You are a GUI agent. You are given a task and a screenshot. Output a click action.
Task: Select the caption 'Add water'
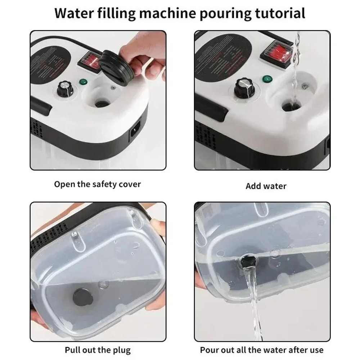click(266, 186)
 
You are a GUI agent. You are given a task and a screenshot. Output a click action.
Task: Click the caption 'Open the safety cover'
click(98, 184)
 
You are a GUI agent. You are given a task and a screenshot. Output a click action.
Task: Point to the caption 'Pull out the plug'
click(98, 350)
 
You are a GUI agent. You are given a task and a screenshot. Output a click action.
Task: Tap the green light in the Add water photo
click(267, 78)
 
